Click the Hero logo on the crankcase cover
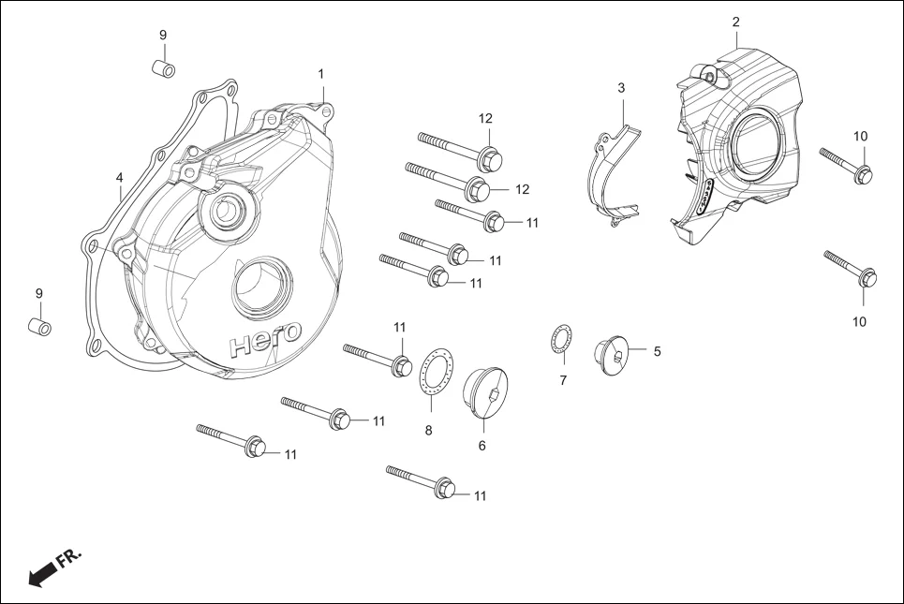click(266, 338)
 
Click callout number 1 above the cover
click(320, 73)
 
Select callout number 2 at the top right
click(735, 22)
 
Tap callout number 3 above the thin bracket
click(621, 87)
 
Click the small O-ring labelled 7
click(559, 340)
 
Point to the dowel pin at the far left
click(38, 328)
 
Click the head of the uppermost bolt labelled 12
click(489, 157)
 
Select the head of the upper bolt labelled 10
click(863, 173)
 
